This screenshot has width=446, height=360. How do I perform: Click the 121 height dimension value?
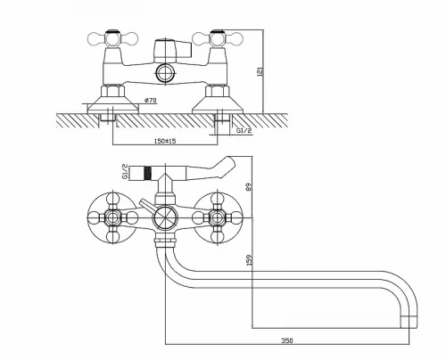260,72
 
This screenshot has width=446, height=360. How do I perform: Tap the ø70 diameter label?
150,101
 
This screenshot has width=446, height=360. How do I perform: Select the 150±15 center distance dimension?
165,141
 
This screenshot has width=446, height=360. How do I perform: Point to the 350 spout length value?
287,340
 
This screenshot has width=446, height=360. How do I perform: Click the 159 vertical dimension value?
249,259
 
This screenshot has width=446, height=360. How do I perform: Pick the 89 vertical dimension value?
249,187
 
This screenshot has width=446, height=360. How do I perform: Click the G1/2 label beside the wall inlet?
244,130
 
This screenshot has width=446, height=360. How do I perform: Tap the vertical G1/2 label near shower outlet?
125,172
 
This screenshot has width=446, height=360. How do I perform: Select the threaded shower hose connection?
147,173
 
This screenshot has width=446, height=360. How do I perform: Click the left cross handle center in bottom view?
112,217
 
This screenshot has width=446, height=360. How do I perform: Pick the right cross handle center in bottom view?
218,217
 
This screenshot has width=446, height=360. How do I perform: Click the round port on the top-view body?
165,73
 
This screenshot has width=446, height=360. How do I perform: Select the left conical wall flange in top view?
112,105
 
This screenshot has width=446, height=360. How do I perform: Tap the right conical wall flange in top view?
218,105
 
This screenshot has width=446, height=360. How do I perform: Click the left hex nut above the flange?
112,91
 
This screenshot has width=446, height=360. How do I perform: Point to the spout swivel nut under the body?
165,240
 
